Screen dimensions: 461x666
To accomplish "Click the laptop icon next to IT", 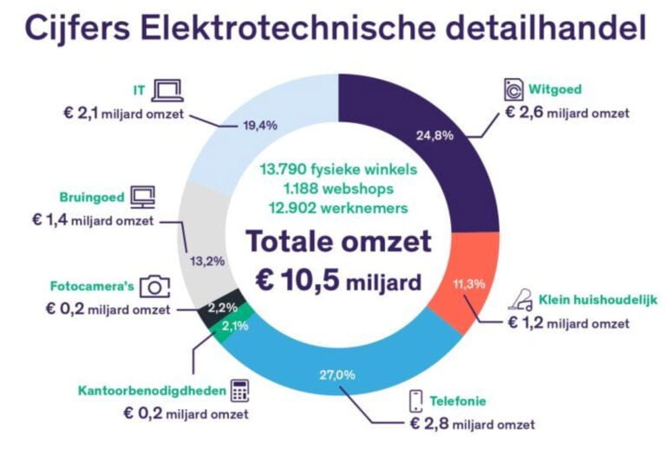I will [x=165, y=88].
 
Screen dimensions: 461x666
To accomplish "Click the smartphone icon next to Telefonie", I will [x=416, y=401].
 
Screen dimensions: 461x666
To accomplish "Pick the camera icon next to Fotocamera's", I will [x=155, y=285].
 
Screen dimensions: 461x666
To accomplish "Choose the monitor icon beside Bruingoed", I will [x=142, y=197].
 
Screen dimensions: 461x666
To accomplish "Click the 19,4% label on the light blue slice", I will [x=258, y=126].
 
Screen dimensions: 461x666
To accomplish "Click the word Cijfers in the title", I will [x=72, y=29].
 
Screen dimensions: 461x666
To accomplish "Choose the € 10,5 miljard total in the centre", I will [x=332, y=281].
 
